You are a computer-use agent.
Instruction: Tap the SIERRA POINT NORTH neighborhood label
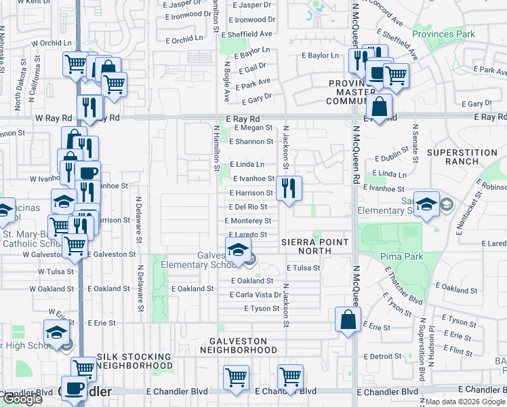point(315,246)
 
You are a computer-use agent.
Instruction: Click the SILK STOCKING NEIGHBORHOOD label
point(134,360)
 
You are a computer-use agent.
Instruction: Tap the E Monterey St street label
point(249,220)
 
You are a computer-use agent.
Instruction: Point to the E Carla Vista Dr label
point(256,295)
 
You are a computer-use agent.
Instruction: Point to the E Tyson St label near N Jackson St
point(261,309)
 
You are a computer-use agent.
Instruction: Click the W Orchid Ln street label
point(52,43)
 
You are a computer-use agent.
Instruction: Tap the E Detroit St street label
point(383,356)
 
